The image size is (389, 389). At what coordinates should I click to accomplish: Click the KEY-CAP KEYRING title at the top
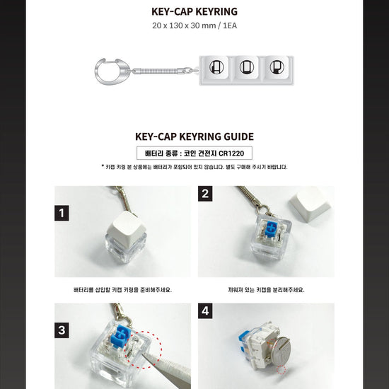[194, 11]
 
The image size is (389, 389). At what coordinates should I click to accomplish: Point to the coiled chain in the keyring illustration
[163, 71]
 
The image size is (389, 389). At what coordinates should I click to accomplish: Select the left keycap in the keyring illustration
[216, 67]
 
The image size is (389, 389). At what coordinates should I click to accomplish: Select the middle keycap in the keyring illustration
[247, 67]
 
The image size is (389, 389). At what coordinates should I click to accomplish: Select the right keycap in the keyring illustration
[277, 67]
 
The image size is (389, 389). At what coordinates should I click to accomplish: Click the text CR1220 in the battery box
[231, 153]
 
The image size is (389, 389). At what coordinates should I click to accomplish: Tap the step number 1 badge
[62, 213]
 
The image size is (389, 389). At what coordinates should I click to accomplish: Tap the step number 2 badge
[205, 194]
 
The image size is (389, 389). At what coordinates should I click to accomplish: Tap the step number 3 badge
[62, 330]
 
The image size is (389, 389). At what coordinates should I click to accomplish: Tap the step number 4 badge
[205, 311]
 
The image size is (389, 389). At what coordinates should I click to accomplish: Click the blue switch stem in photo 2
[271, 228]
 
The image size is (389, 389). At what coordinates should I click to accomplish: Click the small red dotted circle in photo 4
[281, 370]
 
